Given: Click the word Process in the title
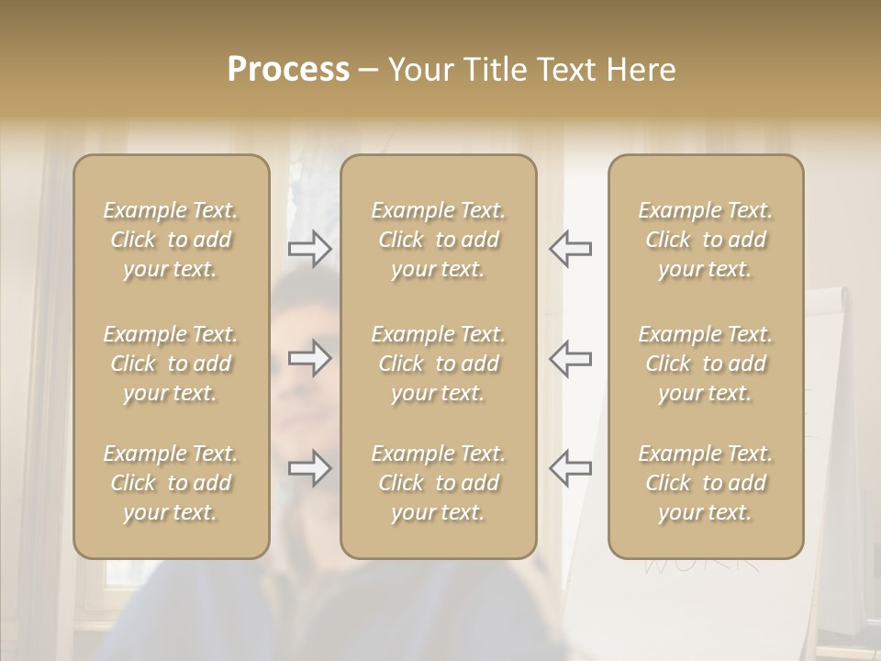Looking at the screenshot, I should point(288,70).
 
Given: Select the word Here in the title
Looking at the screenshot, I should point(641,70).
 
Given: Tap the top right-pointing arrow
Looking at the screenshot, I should point(309,249).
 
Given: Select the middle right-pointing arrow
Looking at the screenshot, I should point(309,358).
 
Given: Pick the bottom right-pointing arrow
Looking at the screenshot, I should point(309,469).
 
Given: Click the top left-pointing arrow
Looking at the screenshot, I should point(570,249).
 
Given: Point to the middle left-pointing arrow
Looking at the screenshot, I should point(570,358).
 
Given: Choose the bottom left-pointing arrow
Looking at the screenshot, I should point(570,467).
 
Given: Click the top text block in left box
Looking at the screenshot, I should point(171,240).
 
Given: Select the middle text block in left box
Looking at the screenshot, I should point(171,364).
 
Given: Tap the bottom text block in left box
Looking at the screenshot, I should point(171,483).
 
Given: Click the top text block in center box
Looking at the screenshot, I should point(439,240).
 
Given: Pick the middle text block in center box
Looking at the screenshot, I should point(439,364).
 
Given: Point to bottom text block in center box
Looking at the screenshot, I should point(439,483).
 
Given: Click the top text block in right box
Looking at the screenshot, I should point(706,240).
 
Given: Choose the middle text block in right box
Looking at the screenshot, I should point(706,364).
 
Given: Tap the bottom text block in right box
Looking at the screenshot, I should point(706,483).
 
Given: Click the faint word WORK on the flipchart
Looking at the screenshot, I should point(701,563).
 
